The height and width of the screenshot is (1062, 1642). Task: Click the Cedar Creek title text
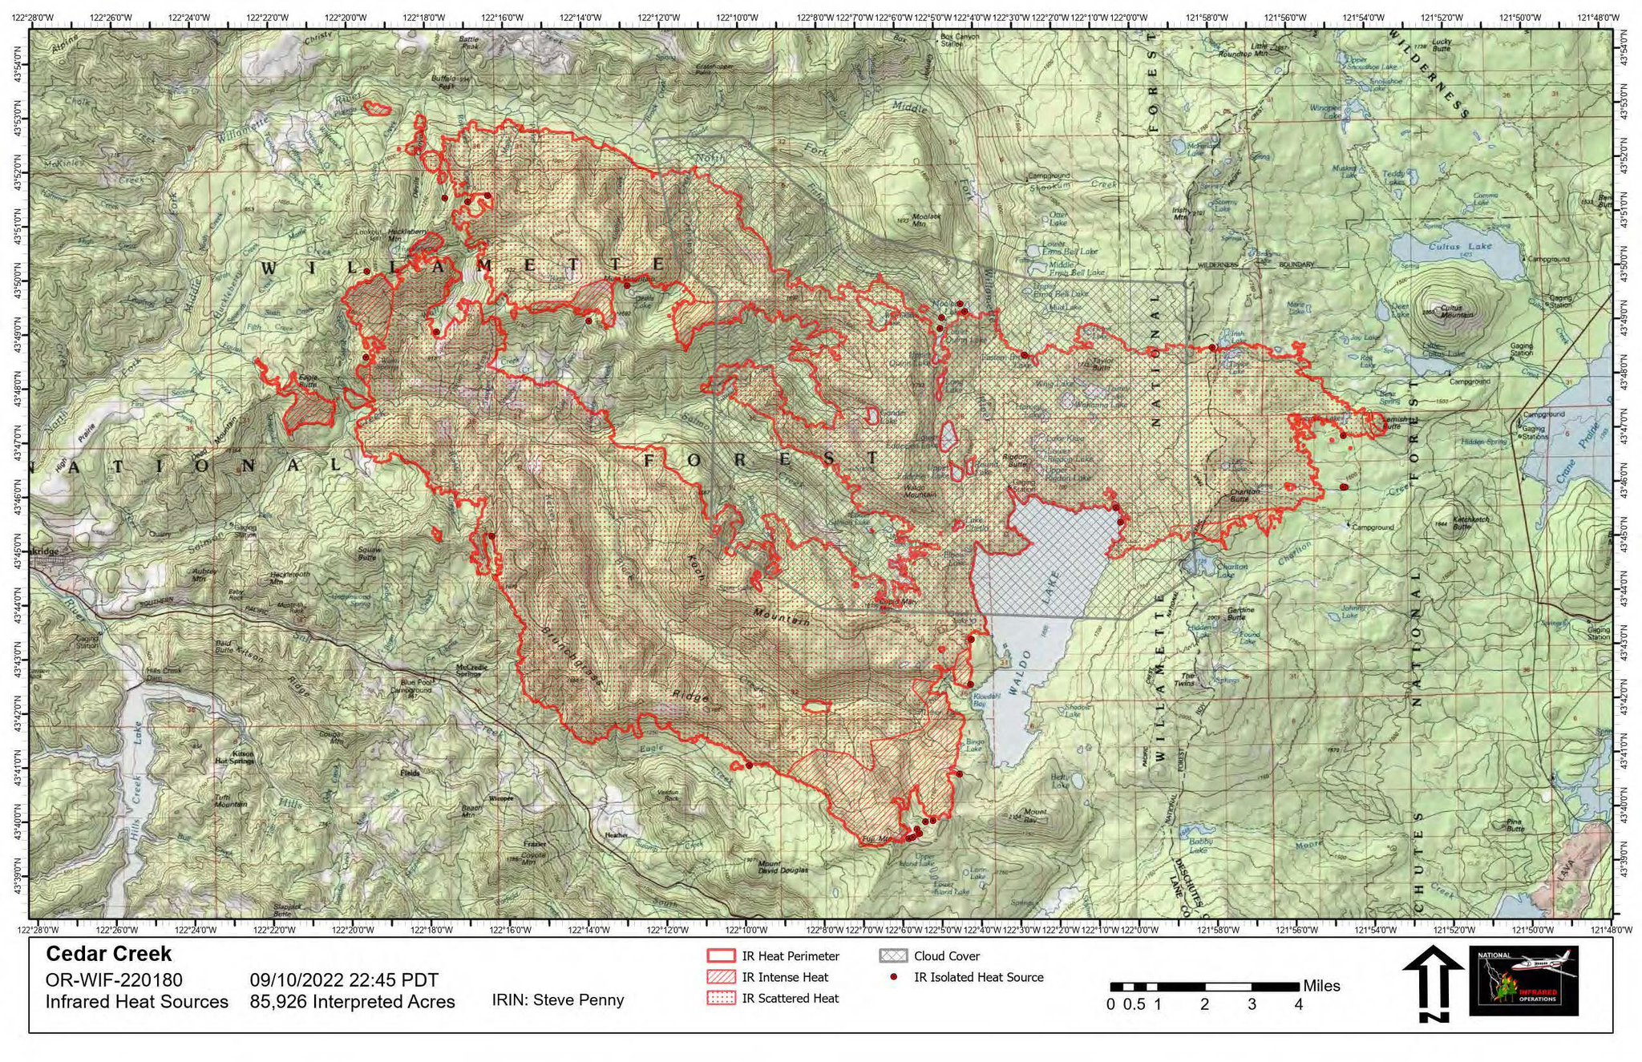108,954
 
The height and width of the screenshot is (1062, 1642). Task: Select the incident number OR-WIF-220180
114,980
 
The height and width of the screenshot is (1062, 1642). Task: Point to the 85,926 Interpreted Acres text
352,1002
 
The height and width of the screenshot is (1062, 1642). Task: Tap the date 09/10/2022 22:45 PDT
344,980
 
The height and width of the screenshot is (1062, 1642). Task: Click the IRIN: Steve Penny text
557,999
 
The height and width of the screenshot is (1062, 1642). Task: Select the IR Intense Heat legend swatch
721,977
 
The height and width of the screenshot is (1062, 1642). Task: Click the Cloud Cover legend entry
946,956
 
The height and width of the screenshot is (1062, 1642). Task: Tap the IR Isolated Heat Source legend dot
892,977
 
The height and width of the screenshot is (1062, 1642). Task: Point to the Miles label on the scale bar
1321,986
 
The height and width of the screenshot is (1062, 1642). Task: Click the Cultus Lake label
1458,246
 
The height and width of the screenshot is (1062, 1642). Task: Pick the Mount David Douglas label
782,866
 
